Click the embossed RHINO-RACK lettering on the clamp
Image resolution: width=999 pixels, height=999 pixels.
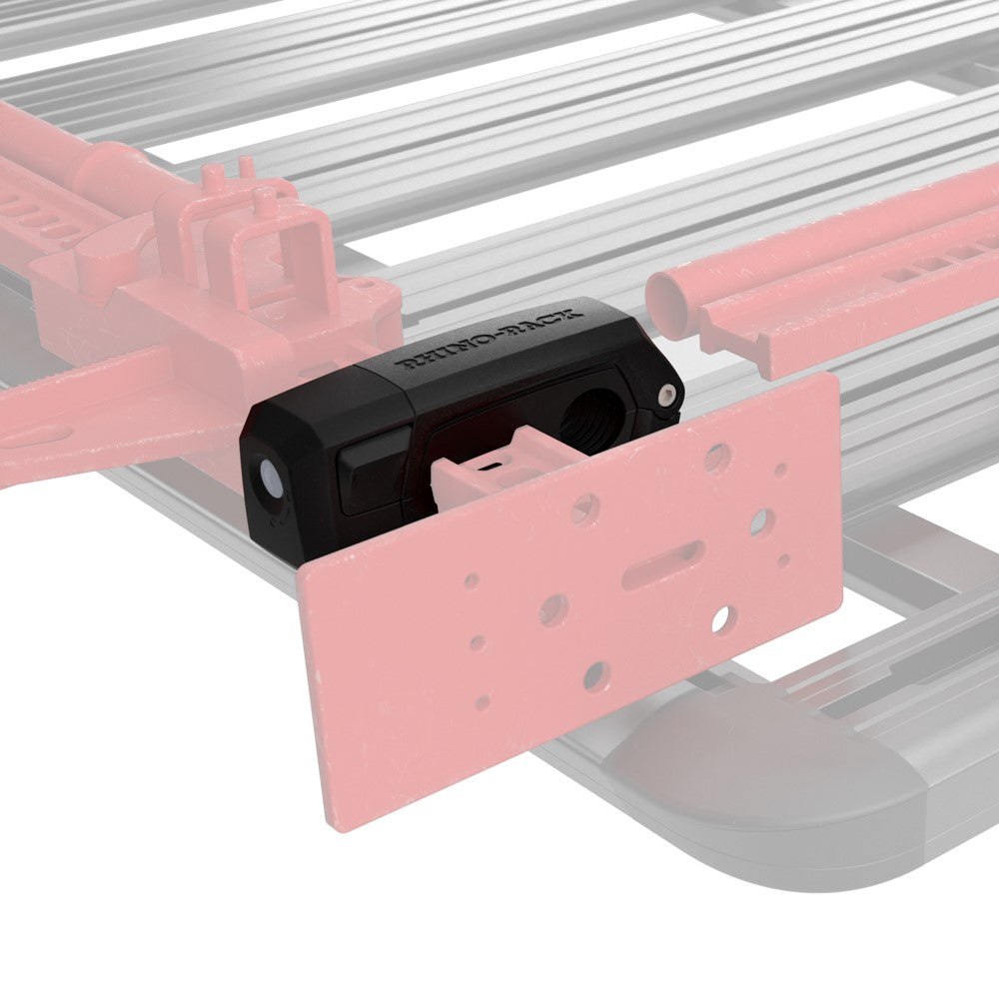tap(489, 339)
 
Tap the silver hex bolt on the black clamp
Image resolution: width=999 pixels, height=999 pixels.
tap(666, 395)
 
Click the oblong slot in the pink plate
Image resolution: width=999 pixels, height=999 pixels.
tap(662, 564)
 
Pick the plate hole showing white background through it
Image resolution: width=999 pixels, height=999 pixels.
tap(720, 619)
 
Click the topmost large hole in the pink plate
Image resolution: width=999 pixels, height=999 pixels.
tap(716, 457)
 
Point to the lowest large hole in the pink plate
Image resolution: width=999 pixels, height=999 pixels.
tap(596, 676)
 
